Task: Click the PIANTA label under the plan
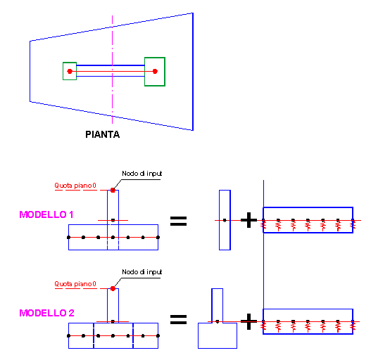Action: pos(103,134)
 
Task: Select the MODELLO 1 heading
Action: pos(46,214)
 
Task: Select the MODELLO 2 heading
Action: pos(46,313)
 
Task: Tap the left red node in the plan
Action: pos(70,71)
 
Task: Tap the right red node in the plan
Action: pos(155,71)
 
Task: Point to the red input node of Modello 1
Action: pos(113,191)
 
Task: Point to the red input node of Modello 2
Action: pos(113,288)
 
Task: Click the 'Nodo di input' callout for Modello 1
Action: pos(142,174)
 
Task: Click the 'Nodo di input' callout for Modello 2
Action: pos(142,272)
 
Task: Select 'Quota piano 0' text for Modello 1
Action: pos(75,186)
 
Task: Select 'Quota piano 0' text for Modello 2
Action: pos(75,284)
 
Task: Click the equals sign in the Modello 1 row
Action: pos(178,221)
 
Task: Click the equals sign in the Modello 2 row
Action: pos(178,319)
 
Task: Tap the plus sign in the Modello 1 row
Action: pos(249,220)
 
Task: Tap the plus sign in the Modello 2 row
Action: pos(249,321)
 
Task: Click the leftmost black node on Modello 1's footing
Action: pos(68,238)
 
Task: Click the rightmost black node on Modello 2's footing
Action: pos(158,335)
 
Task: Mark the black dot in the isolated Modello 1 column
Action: pos(225,220)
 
